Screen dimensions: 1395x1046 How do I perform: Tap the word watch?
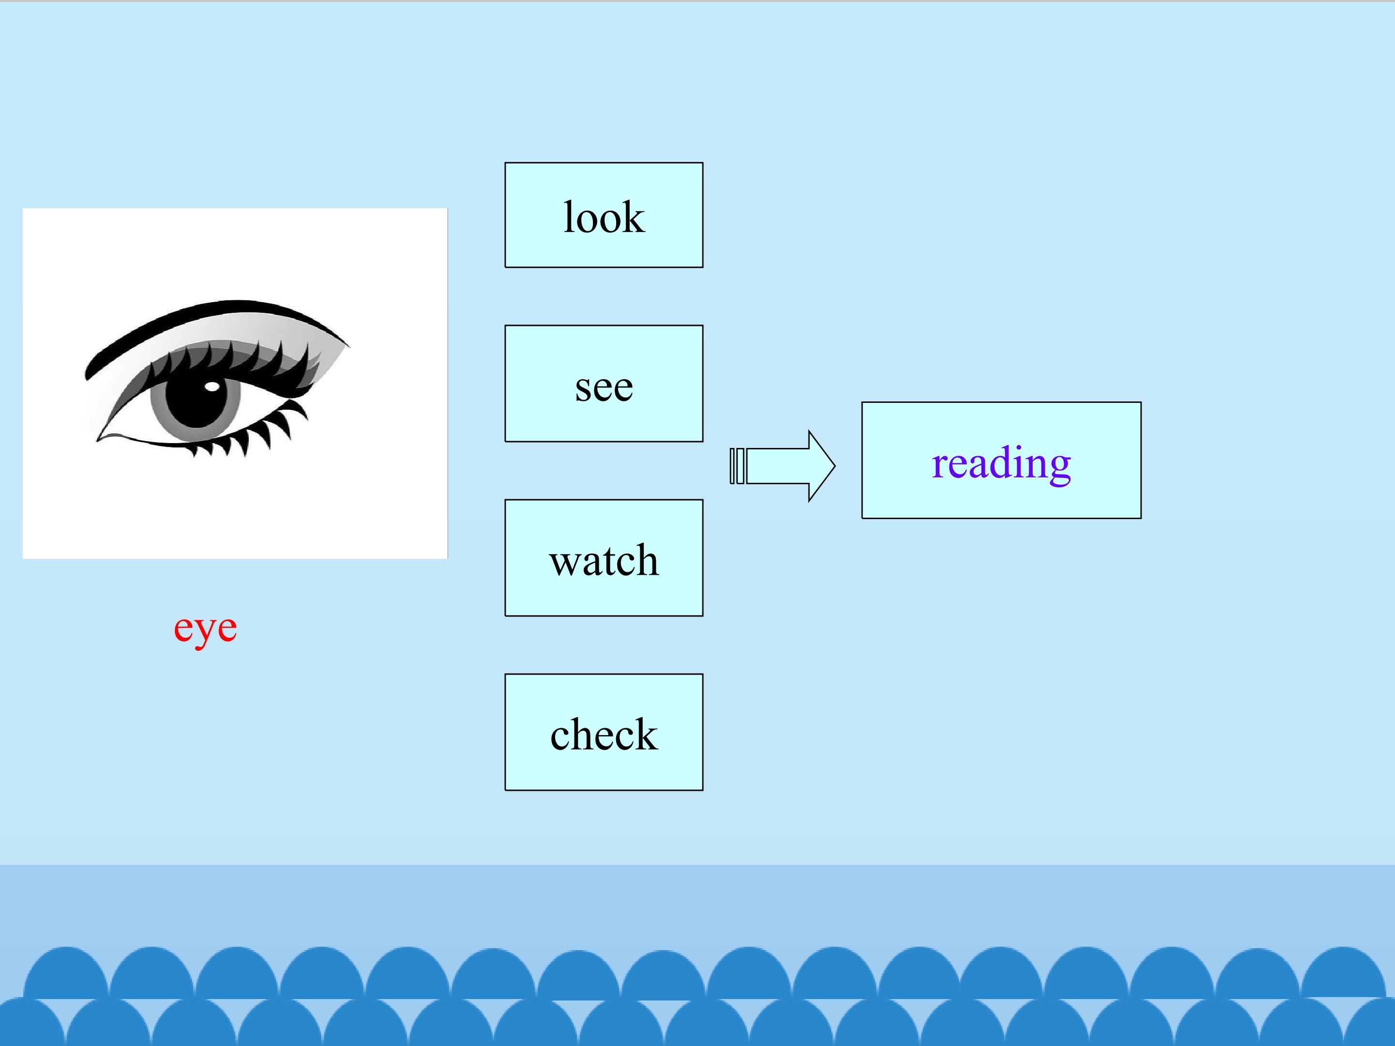pyautogui.click(x=604, y=559)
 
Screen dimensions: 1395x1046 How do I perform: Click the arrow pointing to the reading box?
pyautogui.click(x=782, y=466)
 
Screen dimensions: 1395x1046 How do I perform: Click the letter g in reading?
pyautogui.click(x=1058, y=470)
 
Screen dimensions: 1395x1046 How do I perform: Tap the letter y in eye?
pyautogui.click(x=205, y=633)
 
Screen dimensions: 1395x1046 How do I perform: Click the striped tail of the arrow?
pyautogui.click(x=737, y=466)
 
